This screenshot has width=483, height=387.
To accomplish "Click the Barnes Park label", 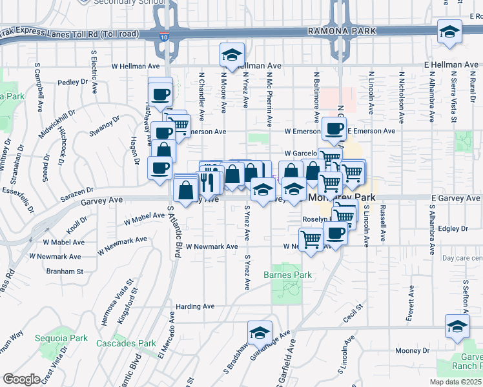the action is (x=287, y=275).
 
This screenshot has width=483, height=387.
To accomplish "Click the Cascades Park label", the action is (x=127, y=343).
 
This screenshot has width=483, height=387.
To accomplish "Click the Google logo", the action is (x=22, y=379).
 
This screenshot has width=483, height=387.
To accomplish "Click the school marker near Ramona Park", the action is (x=449, y=32).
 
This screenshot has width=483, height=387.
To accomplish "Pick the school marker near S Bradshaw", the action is (x=260, y=333).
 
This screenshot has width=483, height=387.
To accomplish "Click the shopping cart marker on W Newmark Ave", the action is (x=311, y=239).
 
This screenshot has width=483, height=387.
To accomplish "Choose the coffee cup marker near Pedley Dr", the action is (x=159, y=94).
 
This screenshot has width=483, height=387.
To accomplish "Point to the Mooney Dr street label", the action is (x=408, y=350).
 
